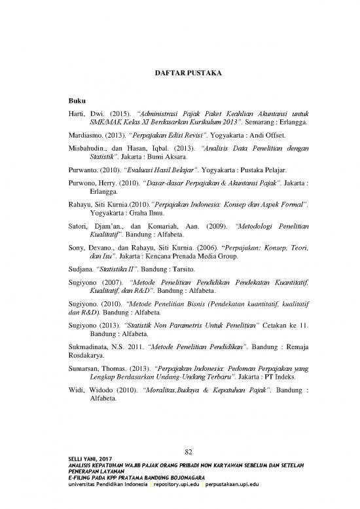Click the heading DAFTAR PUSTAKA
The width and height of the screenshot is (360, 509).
click(181, 69)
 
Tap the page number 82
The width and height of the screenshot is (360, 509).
click(188, 450)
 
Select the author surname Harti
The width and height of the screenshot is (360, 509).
click(77, 114)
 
